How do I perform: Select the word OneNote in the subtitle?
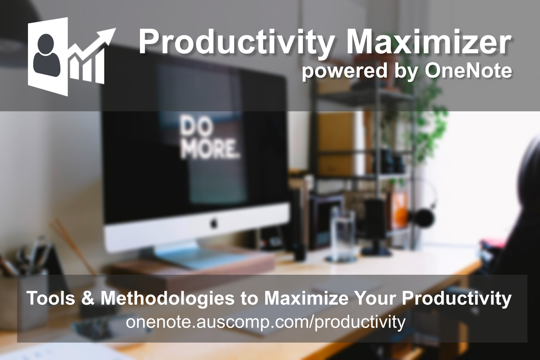[468, 71]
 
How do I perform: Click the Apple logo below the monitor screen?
[214, 222]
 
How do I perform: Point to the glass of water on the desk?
[342, 236]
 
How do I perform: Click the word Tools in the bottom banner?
[50, 298]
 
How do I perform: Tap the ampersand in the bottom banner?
[87, 298]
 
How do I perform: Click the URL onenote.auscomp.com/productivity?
[266, 322]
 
